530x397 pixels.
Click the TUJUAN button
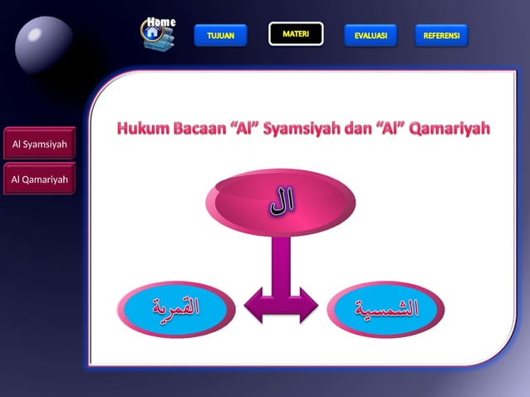pyautogui.click(x=220, y=36)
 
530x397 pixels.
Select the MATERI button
pyautogui.click(x=296, y=34)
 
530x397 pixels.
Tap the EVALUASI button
pyautogui.click(x=371, y=36)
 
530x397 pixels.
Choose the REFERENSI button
pyautogui.click(x=441, y=36)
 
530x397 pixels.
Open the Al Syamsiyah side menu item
pyautogui.click(x=39, y=146)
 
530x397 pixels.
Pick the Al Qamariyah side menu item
pyautogui.click(x=39, y=179)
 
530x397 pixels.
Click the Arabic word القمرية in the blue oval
pyautogui.click(x=177, y=308)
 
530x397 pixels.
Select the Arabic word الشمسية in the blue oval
pyautogui.click(x=386, y=308)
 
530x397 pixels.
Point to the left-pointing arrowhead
pyautogui.click(x=253, y=305)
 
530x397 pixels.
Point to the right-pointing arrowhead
pyautogui.click(x=307, y=305)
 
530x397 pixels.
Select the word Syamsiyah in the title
pyautogui.click(x=300, y=130)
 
